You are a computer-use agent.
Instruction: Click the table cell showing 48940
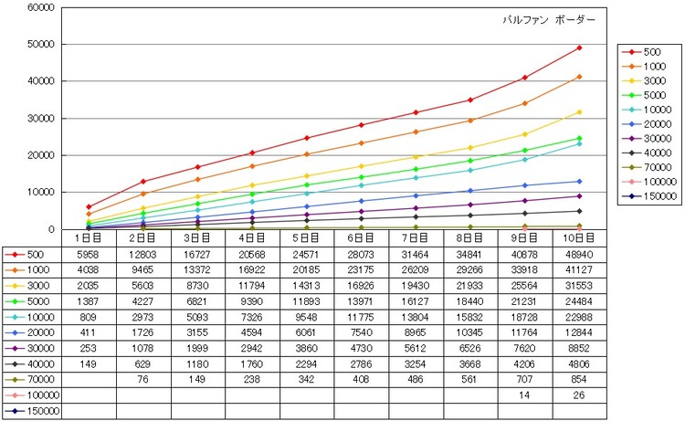579,254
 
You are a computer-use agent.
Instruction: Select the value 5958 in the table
89,254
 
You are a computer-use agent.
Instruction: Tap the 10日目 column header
579,238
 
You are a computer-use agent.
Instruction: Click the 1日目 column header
89,238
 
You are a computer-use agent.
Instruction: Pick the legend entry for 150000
649,196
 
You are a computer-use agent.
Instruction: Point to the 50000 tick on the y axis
40,45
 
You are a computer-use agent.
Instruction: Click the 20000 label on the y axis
40,155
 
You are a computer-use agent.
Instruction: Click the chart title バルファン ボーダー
549,20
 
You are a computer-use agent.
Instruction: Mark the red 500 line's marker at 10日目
579,47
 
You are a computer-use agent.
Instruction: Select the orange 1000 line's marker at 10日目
579,77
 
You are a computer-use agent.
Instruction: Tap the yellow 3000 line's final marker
579,112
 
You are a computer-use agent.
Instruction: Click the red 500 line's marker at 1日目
89,207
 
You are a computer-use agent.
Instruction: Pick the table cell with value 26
579,395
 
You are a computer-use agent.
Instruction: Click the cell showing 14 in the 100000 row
524,395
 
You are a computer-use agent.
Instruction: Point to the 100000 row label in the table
33,395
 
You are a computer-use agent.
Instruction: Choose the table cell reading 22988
579,317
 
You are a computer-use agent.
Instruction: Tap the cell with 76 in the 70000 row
142,380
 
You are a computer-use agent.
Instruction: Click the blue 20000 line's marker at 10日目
579,182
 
